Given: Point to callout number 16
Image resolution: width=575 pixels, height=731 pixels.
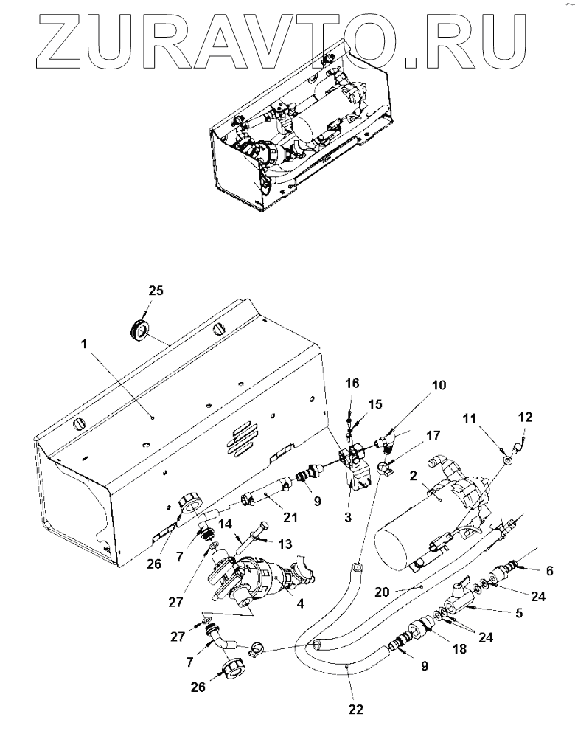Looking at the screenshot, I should [x=352, y=384].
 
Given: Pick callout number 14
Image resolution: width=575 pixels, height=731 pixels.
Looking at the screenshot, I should [x=226, y=524].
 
